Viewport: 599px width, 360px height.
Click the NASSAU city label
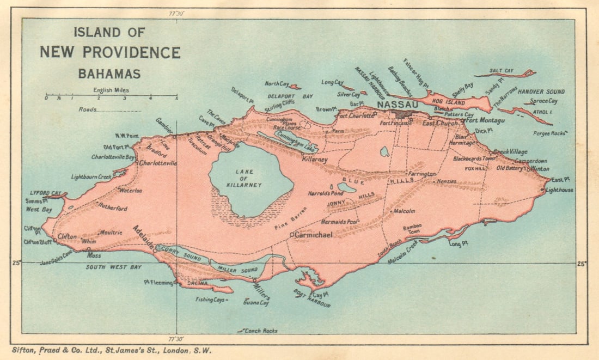(398, 104)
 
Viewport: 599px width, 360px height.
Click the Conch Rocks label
(260, 331)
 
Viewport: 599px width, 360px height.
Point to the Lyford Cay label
(45, 193)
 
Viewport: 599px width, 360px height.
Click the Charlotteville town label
(158, 163)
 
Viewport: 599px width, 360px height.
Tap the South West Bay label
(113, 267)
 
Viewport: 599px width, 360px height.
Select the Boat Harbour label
(311, 298)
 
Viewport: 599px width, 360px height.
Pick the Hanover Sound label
(541, 91)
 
